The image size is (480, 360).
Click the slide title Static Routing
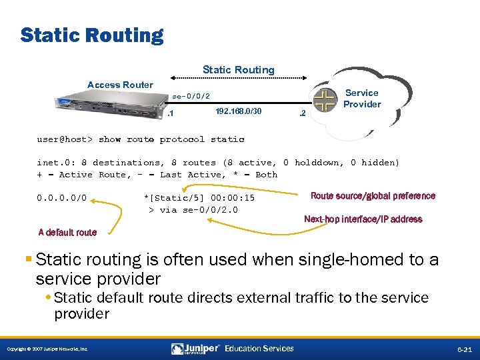pos(92,35)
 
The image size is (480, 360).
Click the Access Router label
pos(120,85)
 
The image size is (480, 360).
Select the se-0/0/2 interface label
pos(191,96)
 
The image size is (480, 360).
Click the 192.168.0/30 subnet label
pos(239,112)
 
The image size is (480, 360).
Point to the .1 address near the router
pos(170,113)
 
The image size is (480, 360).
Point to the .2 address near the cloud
pos(301,113)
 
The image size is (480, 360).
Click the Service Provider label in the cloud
pos(362,99)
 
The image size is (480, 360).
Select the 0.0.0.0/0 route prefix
pos(66,198)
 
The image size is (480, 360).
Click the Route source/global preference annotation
pos(373,196)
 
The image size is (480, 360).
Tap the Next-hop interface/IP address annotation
pos(363,219)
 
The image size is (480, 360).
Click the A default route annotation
pos(67,233)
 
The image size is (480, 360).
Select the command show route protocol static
pos(171,139)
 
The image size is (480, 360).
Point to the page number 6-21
pos(465,349)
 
